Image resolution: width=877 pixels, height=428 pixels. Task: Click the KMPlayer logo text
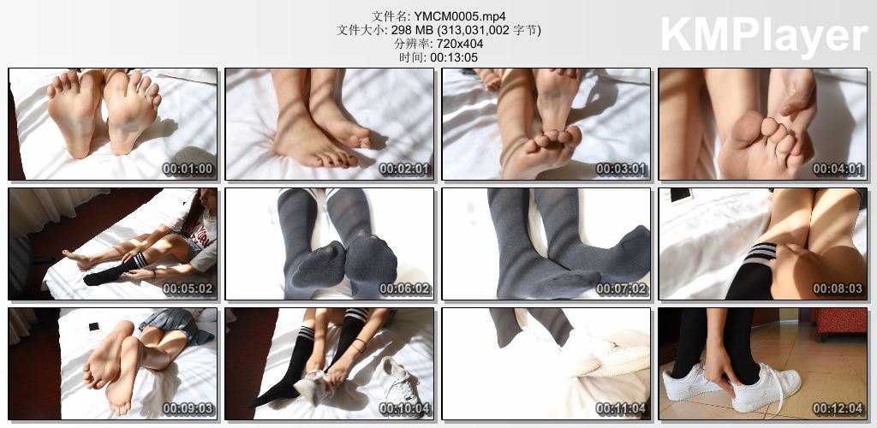click(x=764, y=35)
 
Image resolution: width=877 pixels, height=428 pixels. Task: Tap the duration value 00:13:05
click(x=454, y=57)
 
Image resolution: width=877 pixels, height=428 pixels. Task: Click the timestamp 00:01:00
click(x=188, y=169)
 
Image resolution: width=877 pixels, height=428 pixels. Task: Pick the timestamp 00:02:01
click(x=405, y=169)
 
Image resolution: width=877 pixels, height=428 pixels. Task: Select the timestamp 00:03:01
click(x=622, y=169)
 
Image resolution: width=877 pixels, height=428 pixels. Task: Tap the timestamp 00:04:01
click(x=838, y=169)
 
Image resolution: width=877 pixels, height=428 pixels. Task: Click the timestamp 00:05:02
click(x=188, y=288)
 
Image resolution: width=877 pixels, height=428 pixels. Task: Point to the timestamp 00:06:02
click(x=405, y=288)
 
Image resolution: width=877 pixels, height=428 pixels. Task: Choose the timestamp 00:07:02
click(x=622, y=288)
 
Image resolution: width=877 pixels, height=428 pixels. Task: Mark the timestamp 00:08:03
click(x=838, y=288)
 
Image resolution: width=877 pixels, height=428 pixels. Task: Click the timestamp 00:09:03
click(x=188, y=409)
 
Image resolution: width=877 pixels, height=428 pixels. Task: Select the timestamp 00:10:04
click(x=405, y=409)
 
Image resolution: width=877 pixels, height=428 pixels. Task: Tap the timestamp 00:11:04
click(x=622, y=409)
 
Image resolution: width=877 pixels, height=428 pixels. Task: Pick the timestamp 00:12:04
click(x=838, y=409)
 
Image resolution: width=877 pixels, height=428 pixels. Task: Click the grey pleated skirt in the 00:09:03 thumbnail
click(x=177, y=326)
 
